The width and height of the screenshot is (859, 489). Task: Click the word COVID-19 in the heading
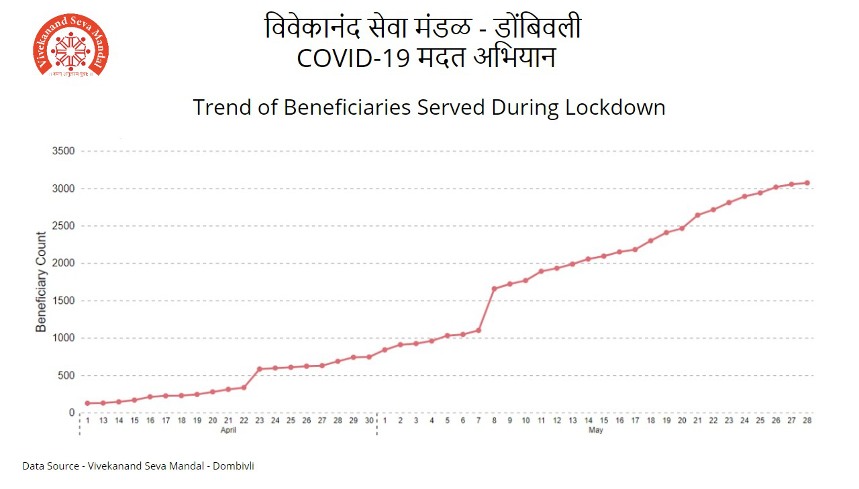point(352,59)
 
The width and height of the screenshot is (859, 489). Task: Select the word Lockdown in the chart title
point(615,107)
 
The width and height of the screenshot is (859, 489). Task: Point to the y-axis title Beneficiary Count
point(42,282)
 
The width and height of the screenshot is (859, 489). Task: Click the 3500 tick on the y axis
point(63,151)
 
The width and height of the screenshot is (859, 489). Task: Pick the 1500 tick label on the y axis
point(63,301)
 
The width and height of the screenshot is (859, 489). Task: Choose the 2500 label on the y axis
point(63,226)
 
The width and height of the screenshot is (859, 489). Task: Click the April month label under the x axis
point(228,431)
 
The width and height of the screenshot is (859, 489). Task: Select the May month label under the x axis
point(595,431)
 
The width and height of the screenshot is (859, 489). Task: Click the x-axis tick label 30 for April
point(369,421)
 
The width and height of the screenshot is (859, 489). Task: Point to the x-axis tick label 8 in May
point(495,421)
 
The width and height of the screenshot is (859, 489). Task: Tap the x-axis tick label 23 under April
point(260,421)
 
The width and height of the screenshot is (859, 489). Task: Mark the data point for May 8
point(495,288)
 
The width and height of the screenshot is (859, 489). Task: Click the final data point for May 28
point(807,182)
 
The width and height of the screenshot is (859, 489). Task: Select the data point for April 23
point(260,369)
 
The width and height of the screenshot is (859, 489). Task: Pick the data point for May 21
point(698,215)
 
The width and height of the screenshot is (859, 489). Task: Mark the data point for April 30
point(369,357)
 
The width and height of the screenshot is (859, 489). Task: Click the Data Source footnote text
point(138,466)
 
